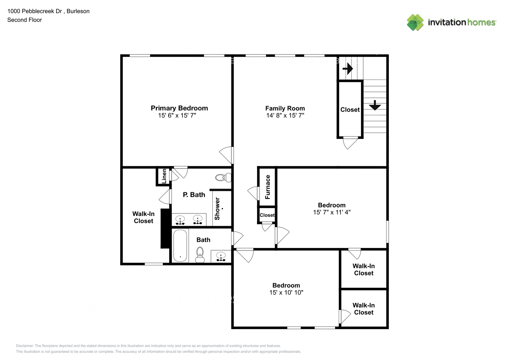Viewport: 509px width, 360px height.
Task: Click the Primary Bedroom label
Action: coord(179,108)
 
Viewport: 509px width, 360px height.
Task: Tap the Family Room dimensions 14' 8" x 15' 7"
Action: coord(285,116)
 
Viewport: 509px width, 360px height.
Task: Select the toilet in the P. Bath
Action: coord(223,177)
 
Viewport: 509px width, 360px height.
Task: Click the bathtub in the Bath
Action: coord(180,246)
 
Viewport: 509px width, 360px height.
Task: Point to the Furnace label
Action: coord(267,187)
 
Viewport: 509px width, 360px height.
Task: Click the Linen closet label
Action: coord(164,176)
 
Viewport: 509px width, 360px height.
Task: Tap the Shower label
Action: coord(217,208)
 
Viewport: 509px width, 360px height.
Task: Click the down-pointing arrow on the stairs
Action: coord(375,105)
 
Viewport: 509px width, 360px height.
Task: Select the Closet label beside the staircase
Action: coord(350,110)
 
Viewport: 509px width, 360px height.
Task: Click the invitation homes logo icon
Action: coord(415,22)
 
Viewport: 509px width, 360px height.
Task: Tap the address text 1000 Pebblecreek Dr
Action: coord(35,11)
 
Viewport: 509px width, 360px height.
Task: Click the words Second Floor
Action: coord(24,20)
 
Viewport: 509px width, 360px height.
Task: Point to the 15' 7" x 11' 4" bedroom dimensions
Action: coord(332,212)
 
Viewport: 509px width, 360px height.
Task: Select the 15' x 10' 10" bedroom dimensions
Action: coord(286,293)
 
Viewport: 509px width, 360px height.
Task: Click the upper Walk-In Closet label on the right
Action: coord(364,270)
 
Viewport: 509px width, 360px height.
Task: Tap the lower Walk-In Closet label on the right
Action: coord(364,309)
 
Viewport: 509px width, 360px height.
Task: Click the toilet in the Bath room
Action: coord(200,255)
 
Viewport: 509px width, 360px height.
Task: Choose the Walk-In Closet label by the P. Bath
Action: coord(143,217)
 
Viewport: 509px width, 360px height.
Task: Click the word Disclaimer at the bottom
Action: coord(24,346)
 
